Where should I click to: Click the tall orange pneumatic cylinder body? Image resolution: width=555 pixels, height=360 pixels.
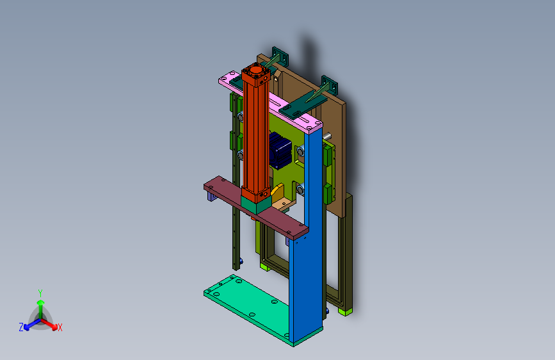pyautogui.click(x=255, y=135)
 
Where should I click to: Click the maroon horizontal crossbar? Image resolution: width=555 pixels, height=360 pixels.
pyautogui.click(x=255, y=208)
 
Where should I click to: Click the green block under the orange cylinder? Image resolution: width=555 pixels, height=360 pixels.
pyautogui.click(x=255, y=204)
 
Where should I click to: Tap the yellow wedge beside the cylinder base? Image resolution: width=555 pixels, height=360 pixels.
pyautogui.click(x=277, y=192)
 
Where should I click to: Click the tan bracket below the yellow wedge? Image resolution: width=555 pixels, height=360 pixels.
pyautogui.click(x=283, y=204)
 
